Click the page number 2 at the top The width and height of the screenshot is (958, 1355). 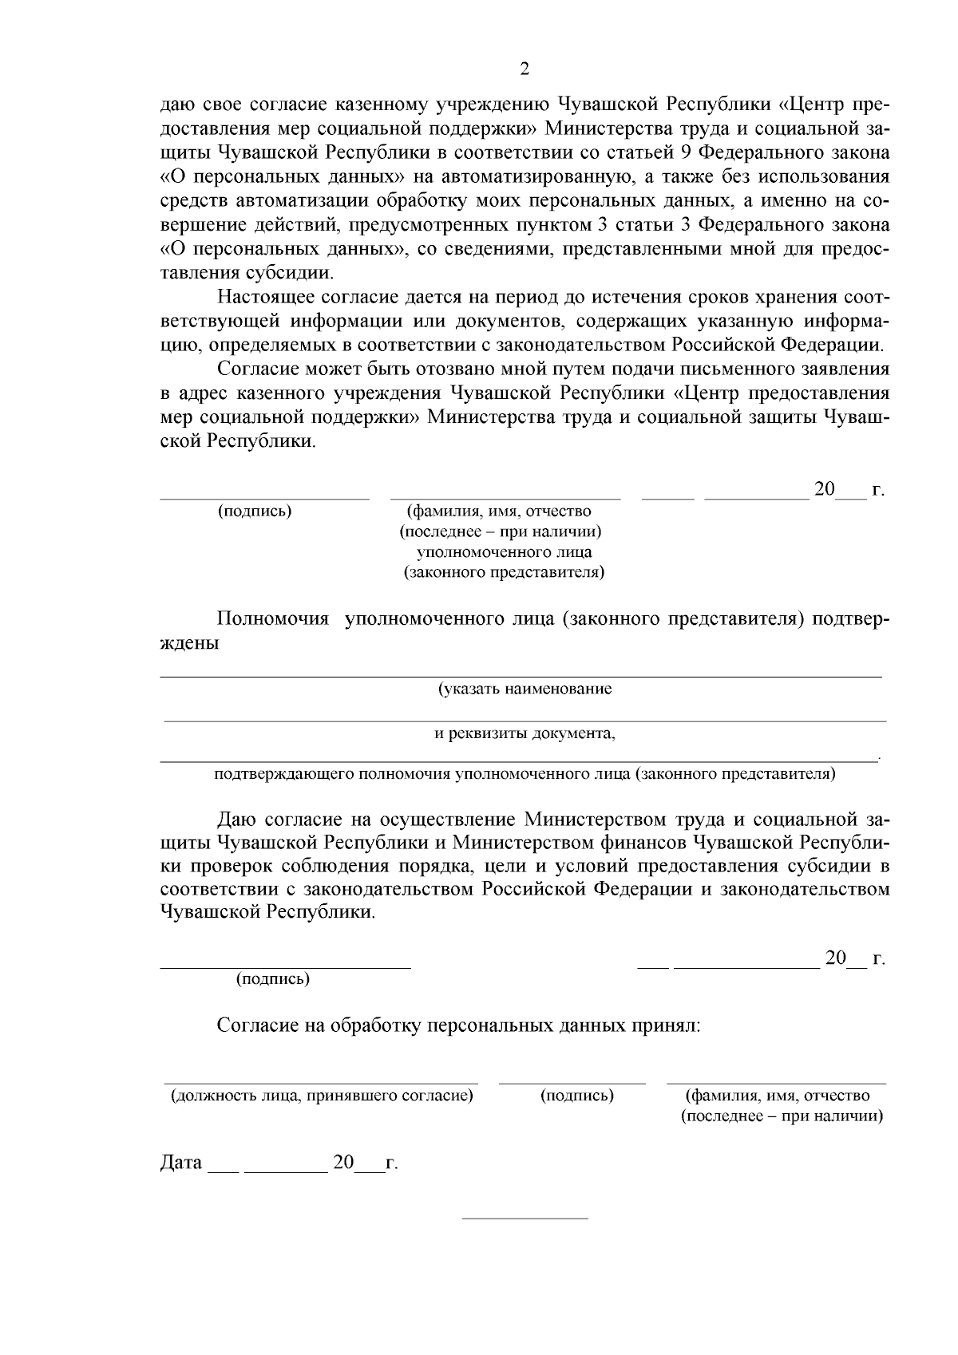(525, 69)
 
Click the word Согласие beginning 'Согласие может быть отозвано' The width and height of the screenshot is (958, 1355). (252, 369)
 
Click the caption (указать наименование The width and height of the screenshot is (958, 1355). (525, 689)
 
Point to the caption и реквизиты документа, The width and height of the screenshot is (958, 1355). (525, 733)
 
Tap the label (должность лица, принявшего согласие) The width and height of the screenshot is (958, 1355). (321, 1096)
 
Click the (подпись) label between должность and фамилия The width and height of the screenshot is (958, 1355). (576, 1096)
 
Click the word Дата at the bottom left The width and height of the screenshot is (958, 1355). (181, 1163)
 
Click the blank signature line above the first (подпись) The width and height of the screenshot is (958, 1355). (264, 499)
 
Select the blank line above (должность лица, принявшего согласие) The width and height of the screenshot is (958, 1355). (321, 1083)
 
